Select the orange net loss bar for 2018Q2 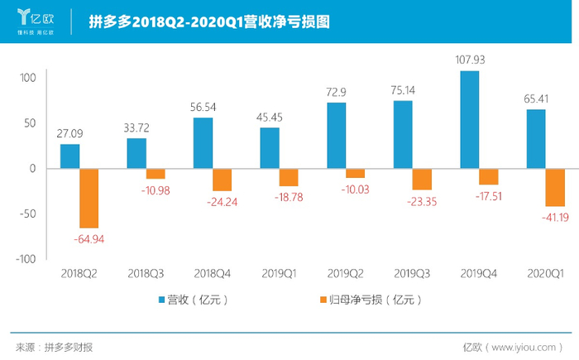point(89,198)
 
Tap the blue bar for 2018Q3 point(136,153)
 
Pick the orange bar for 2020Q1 point(556,187)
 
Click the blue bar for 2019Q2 point(337,136)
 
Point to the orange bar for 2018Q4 point(223,180)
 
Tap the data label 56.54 point(203,106)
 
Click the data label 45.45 point(270,116)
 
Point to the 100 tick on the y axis point(29,78)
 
